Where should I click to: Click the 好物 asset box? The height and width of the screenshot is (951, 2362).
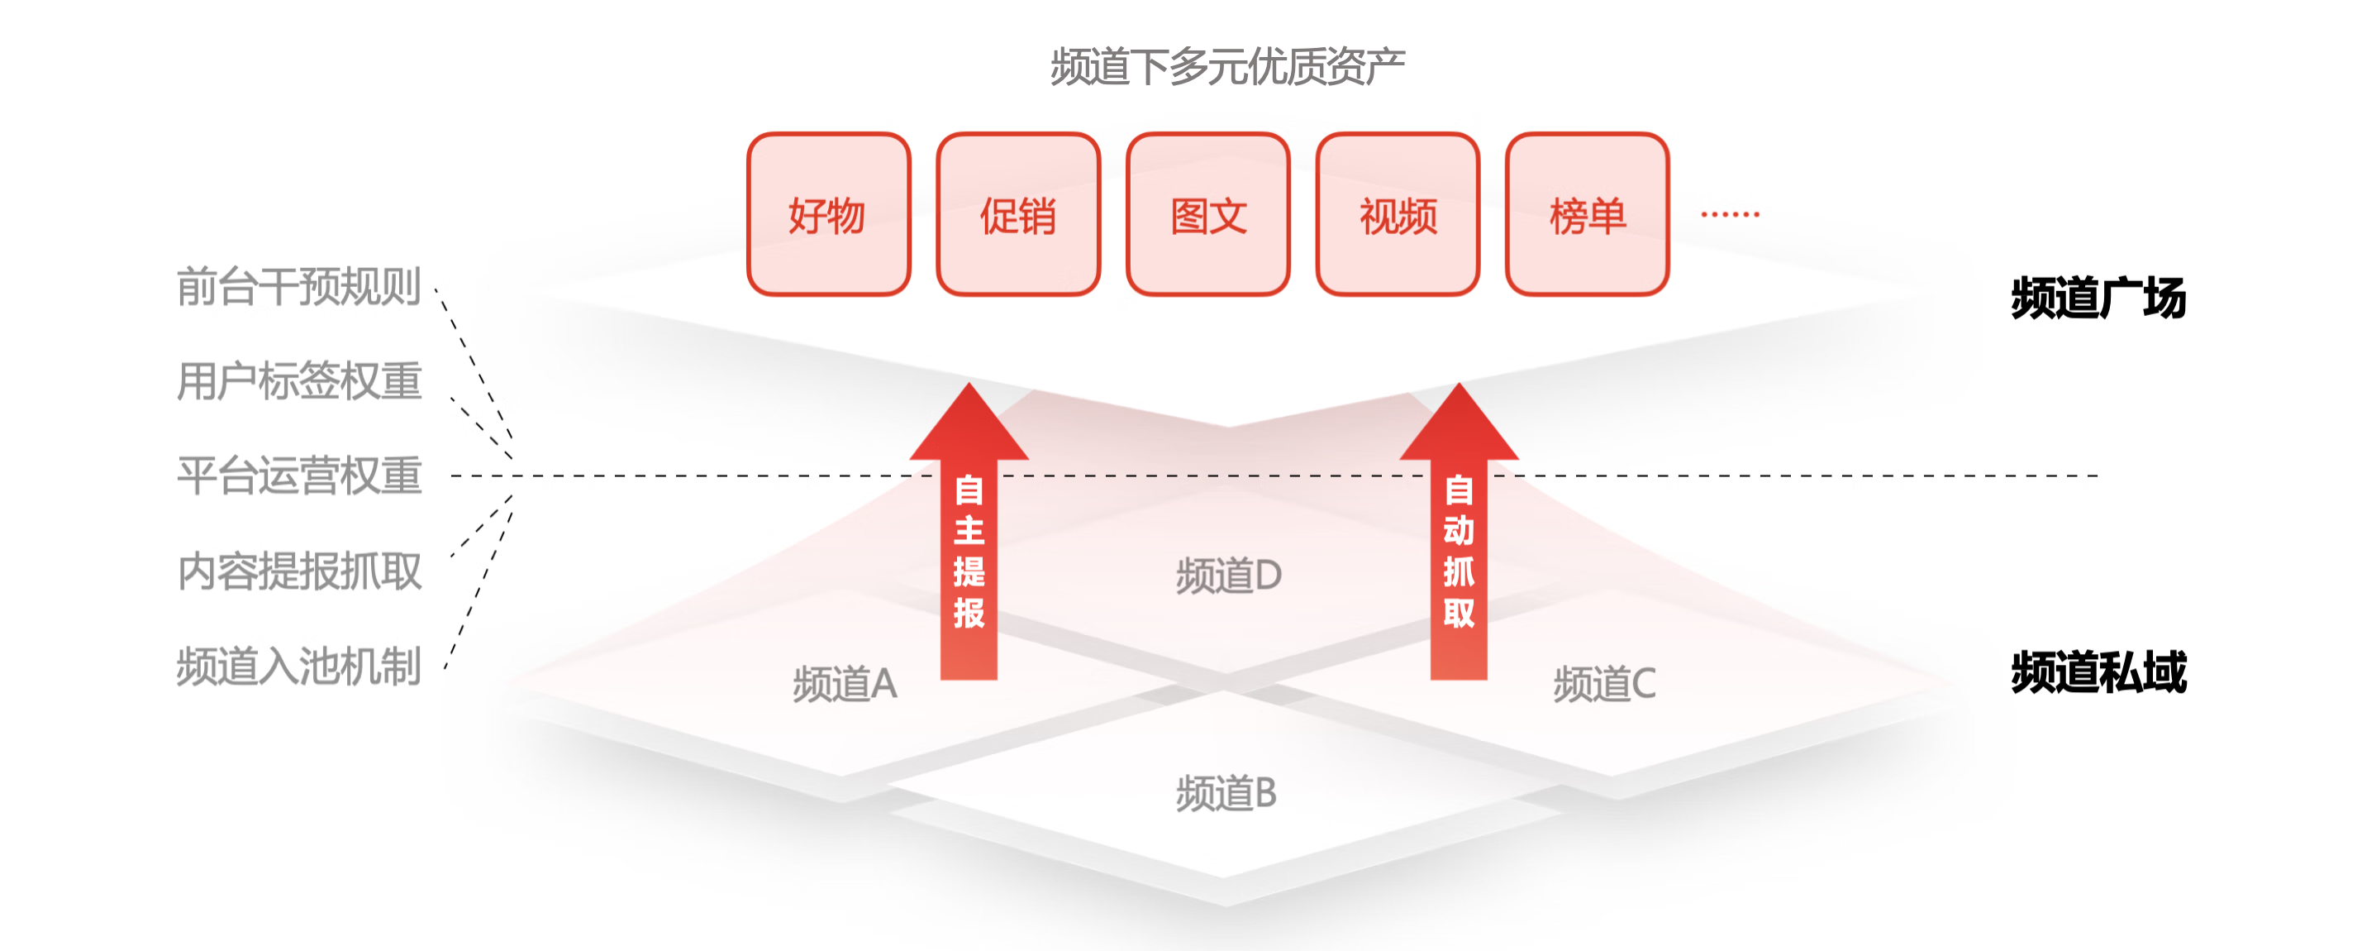[829, 214]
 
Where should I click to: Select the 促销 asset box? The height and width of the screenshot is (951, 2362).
[1019, 214]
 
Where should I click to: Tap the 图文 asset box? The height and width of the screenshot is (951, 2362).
[1208, 214]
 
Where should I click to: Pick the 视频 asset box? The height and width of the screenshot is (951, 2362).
[1398, 214]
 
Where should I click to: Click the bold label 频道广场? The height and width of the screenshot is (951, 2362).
[2099, 298]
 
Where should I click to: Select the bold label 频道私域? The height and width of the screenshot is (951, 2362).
[2099, 672]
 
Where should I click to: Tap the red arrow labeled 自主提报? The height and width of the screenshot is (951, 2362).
[969, 532]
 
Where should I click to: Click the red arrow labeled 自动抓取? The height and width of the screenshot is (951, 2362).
[1459, 532]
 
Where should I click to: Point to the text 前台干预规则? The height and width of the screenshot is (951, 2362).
[299, 287]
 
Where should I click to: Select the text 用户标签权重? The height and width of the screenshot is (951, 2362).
[299, 381]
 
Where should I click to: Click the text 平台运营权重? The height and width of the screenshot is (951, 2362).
[299, 476]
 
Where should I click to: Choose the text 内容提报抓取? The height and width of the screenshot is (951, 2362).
[299, 571]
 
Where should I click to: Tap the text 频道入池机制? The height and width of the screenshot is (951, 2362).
[299, 667]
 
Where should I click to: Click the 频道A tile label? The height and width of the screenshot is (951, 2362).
[845, 684]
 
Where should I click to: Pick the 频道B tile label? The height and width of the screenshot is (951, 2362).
[1226, 793]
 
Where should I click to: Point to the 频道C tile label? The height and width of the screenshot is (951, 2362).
[1605, 684]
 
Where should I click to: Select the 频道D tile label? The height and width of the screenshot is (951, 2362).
[1229, 576]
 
